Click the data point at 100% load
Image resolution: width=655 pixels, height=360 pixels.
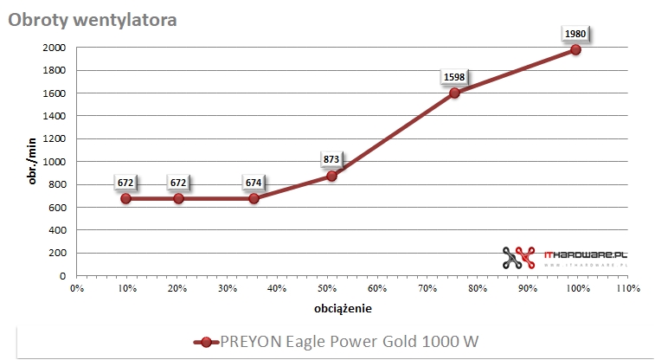coord(575,49)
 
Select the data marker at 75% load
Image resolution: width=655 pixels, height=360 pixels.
coord(454,93)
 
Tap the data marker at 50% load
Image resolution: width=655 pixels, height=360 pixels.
coord(331,176)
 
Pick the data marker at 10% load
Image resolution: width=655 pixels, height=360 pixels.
coord(126,198)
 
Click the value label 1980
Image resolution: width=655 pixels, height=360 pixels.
coord(575,34)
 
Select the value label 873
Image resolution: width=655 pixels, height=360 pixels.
coord(331,159)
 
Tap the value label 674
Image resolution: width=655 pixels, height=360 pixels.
coord(254,183)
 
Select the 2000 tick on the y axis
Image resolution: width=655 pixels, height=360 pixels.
coord(54,48)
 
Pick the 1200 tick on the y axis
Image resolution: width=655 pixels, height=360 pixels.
coord(54,138)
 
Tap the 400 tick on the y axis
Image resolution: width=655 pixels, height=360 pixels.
coord(57,230)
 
